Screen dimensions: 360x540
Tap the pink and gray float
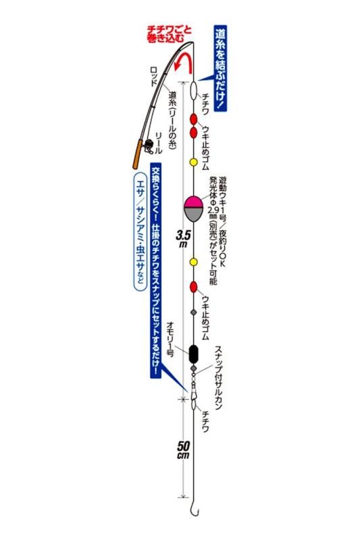[x=194, y=209]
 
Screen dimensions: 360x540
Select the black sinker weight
[x=194, y=354]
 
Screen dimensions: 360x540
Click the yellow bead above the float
[x=194, y=162]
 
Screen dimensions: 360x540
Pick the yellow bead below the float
[x=194, y=262]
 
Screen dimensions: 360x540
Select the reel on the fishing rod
[x=149, y=146]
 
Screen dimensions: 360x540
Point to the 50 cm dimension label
[x=183, y=450]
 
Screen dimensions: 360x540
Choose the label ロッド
[x=153, y=76]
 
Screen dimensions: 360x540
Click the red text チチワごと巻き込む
[x=169, y=34]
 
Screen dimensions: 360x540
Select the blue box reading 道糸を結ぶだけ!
[x=220, y=68]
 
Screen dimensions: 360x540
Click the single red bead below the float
[x=194, y=286]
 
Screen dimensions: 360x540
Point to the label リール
[x=159, y=142]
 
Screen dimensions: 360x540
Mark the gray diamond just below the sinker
[x=194, y=369]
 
